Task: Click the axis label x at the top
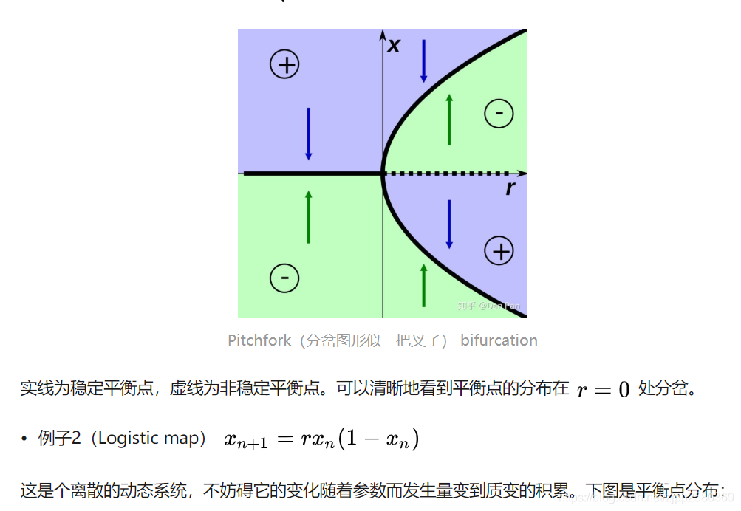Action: coord(394,46)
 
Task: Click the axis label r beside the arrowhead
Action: coord(510,189)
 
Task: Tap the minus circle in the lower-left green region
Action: coord(284,278)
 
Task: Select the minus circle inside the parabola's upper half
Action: coord(499,113)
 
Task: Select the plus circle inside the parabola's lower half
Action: coord(499,251)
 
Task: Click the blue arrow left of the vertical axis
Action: coord(308,134)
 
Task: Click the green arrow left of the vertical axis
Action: coord(308,216)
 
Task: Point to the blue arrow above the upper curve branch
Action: coord(423,61)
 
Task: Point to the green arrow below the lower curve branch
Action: coord(423,285)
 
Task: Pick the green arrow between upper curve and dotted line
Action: coord(449,119)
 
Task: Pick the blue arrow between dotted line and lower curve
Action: coord(449,224)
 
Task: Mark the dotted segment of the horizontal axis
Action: coord(451,174)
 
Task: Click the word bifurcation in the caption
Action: coord(499,340)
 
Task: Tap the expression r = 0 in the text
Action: coord(603,389)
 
